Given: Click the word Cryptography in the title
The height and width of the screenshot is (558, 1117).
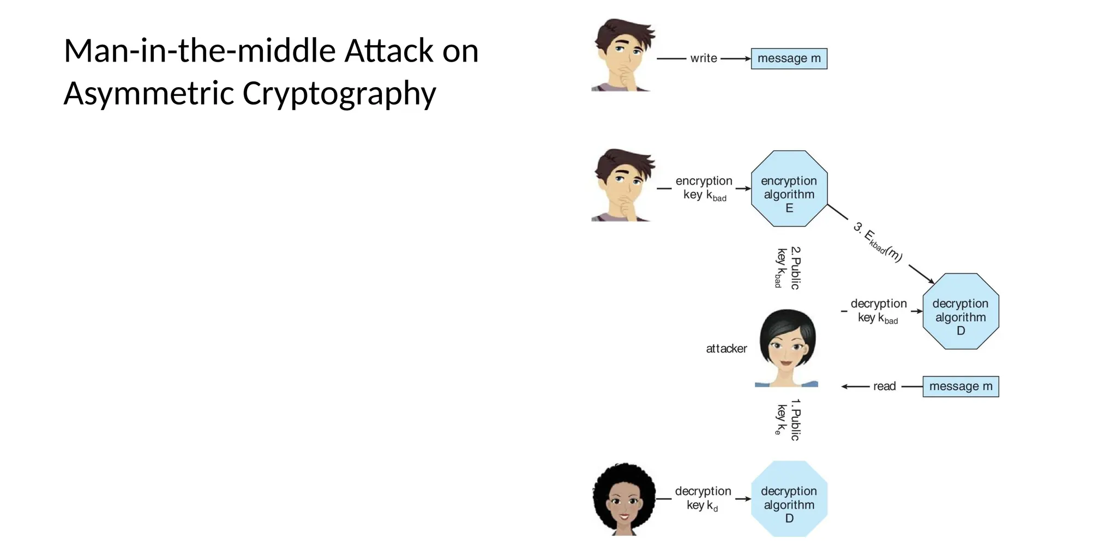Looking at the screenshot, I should [x=339, y=93].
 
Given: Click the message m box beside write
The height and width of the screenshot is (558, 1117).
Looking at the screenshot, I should [x=789, y=58].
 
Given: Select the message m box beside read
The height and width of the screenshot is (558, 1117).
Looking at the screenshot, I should [x=960, y=386].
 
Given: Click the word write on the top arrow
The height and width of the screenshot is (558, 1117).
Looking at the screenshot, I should [x=704, y=58].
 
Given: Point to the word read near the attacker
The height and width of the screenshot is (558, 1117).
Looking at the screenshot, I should [x=884, y=386].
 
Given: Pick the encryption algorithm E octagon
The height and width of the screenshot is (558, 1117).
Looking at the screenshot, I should [x=789, y=189].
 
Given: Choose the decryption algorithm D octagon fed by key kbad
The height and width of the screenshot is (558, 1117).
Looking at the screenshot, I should [x=960, y=311].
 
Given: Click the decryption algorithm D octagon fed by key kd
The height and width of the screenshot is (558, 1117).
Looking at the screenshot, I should [x=789, y=499].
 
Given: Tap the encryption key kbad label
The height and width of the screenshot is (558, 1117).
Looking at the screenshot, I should [x=704, y=188].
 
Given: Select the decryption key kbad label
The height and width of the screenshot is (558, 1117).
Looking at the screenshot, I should [x=878, y=311].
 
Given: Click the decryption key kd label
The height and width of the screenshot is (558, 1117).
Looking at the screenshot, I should [x=703, y=498].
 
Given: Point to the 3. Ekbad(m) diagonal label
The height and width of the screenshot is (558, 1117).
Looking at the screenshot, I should [x=878, y=242].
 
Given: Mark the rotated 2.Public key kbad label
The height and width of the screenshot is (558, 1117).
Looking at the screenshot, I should [x=788, y=268].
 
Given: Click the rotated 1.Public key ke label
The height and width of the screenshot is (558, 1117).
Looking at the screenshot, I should [x=788, y=420].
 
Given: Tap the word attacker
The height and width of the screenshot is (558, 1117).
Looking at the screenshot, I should [x=726, y=349].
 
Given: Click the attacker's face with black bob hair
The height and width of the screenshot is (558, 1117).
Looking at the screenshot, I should [x=786, y=347].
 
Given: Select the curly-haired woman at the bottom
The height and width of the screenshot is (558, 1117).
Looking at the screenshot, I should [x=624, y=499].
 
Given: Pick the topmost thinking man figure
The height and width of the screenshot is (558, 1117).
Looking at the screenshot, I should [x=623, y=55].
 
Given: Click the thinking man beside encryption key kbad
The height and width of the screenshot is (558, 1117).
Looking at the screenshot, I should [x=623, y=185].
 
